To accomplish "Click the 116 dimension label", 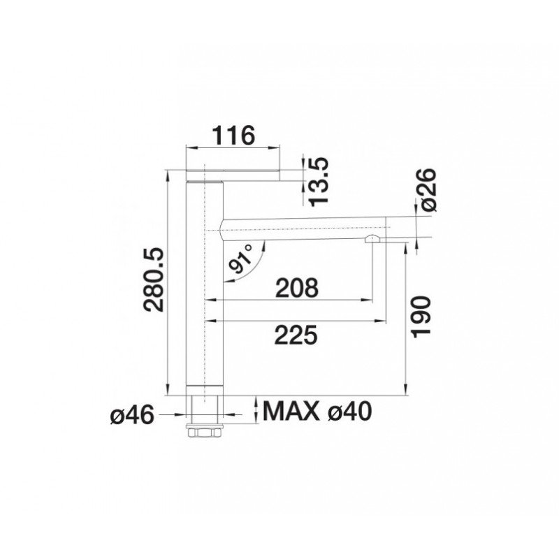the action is [233, 136].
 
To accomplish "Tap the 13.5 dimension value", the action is [319, 182].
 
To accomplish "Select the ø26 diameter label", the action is [428, 190].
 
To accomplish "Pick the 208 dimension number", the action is [296, 288].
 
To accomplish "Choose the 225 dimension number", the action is [296, 335].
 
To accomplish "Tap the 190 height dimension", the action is [421, 317].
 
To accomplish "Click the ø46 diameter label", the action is [133, 415].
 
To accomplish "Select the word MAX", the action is [291, 411].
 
